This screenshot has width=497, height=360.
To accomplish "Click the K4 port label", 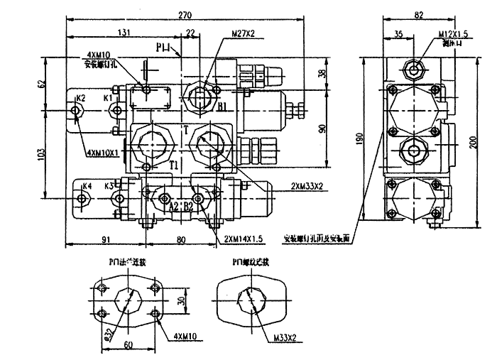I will (x=87, y=187).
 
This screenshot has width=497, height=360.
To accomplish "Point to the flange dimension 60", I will (x=129, y=344).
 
